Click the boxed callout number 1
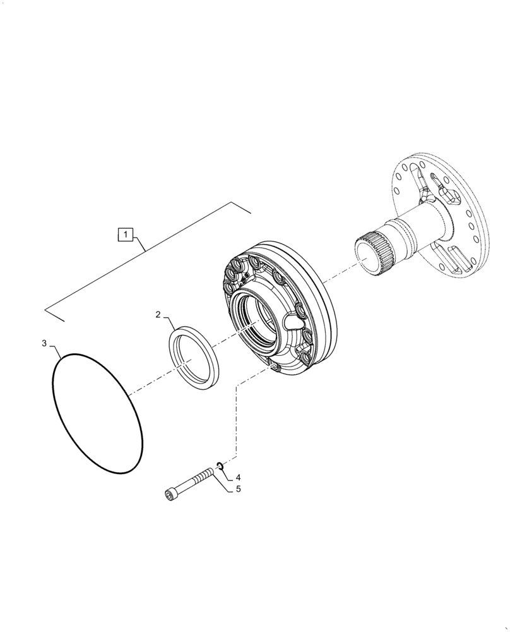point(126,235)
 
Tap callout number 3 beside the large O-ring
point(44,343)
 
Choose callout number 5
point(238,489)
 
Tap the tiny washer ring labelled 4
point(218,466)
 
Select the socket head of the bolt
point(171,496)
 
